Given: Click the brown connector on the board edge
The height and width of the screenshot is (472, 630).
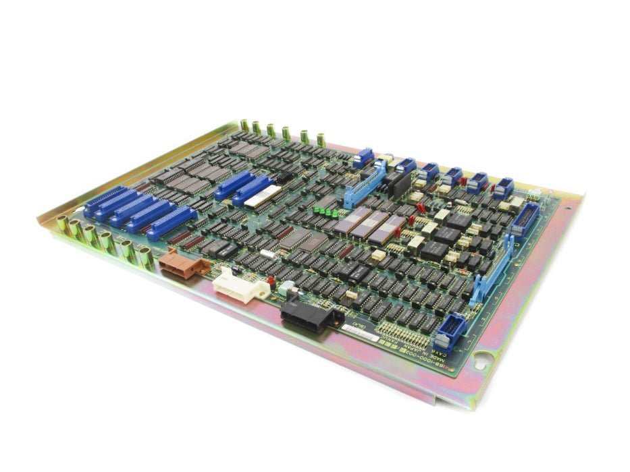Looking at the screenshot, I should pos(181,264).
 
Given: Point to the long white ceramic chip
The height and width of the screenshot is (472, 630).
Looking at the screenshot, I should pos(263,196).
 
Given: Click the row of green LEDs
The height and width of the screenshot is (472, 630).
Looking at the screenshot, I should pos(327,211).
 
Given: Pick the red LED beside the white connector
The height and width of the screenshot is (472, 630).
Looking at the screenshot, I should pos(271,281).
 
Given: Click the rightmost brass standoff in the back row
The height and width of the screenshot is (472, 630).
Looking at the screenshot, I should pos(321,140).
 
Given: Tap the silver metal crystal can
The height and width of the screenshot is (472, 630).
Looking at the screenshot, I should pos(267,254).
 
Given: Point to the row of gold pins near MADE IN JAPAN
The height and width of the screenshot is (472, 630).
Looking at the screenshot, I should pos(403,332).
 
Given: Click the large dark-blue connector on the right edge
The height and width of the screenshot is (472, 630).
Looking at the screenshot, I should pos(526,218).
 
